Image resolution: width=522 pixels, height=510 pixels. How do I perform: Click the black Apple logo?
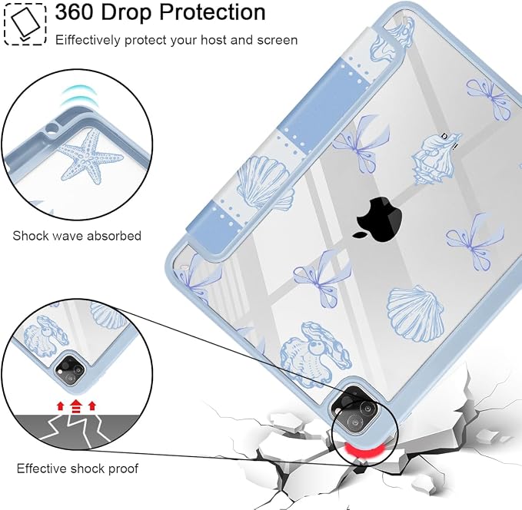pos(377,218)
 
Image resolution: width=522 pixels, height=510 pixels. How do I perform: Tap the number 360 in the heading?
pos(75,12)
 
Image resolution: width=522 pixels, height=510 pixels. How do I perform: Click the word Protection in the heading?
pos(212,12)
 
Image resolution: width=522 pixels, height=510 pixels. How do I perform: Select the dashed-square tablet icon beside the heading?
pos(25,24)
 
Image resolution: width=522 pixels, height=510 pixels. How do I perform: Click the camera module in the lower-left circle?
pos(71,369)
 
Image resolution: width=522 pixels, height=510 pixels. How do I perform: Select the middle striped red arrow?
pos(76,406)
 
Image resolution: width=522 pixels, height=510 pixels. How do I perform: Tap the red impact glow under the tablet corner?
pos(364,450)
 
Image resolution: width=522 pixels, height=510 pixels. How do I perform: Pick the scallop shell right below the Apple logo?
pos(415,313)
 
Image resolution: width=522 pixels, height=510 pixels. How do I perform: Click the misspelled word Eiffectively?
pos(88,40)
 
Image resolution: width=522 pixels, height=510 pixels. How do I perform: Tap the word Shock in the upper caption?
pos(28,236)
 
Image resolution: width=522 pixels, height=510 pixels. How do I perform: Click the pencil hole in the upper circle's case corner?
pos(52,127)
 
